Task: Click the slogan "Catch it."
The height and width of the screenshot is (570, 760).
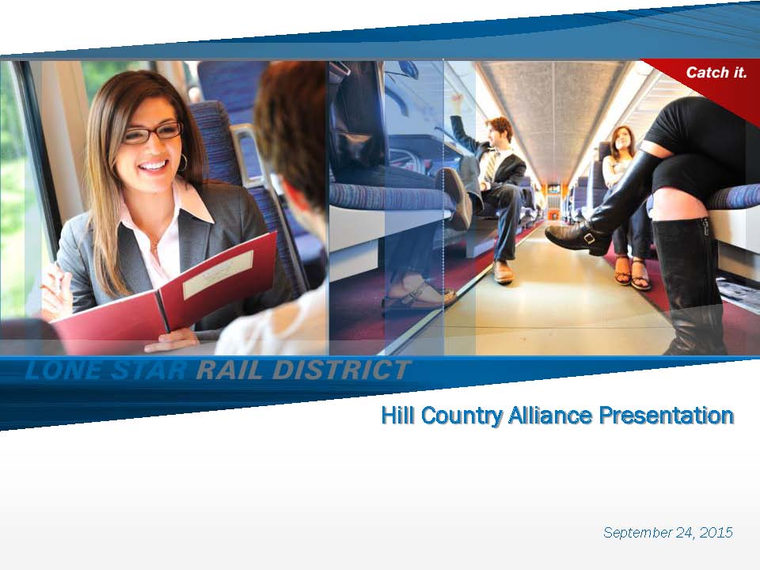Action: tap(716, 73)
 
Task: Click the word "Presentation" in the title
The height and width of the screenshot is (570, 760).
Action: tap(667, 416)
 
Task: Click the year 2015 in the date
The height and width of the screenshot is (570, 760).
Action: tap(716, 532)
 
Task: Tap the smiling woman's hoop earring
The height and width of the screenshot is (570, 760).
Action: tap(182, 162)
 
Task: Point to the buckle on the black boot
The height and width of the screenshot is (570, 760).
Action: tap(589, 238)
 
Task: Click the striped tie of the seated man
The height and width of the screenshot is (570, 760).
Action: tap(491, 167)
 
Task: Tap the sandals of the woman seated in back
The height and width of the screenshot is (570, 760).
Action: tap(632, 273)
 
